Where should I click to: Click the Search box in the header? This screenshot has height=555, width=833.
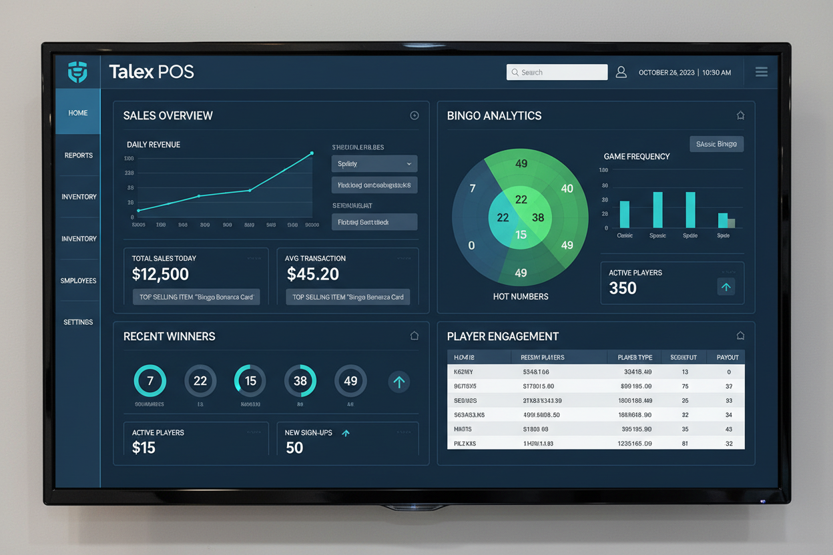tap(557, 72)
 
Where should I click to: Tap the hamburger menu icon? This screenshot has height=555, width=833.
tap(761, 72)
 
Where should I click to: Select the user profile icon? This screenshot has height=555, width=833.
tap(621, 72)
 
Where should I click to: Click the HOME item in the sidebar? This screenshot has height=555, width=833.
tap(77, 113)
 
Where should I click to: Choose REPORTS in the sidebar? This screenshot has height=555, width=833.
tap(79, 155)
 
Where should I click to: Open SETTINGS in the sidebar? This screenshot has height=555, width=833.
tap(78, 322)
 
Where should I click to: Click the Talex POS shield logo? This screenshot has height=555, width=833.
tap(77, 72)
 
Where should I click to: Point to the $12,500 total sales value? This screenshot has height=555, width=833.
tap(160, 273)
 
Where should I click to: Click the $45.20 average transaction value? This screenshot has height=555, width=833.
tap(312, 273)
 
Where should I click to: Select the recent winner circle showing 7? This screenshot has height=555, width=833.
tap(150, 381)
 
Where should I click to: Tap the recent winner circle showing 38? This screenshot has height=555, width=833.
tap(300, 381)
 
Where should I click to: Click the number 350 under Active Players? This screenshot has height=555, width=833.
tap(623, 288)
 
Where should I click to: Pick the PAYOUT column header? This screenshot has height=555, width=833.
tap(728, 358)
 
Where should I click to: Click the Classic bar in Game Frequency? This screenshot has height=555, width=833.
tap(625, 214)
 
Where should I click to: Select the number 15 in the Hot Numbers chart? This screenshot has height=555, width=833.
tap(521, 235)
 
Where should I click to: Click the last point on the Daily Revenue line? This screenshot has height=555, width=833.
tap(312, 153)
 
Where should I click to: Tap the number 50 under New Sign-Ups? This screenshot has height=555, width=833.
tap(294, 448)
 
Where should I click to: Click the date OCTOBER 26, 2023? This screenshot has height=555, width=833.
tap(666, 72)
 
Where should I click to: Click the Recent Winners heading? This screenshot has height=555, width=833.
tap(169, 336)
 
